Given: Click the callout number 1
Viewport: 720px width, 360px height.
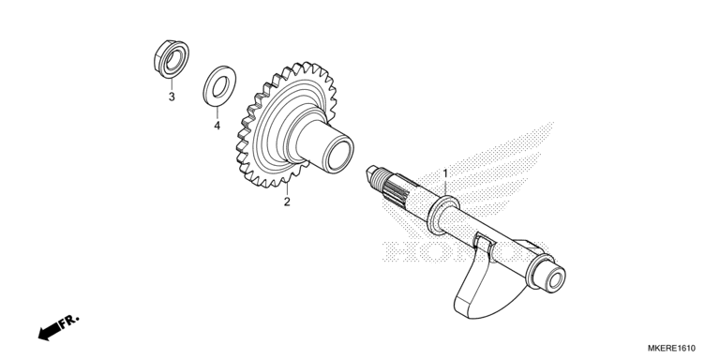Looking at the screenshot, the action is pyautogui.click(x=445, y=173).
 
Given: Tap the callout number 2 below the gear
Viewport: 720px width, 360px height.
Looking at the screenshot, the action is pyautogui.click(x=287, y=201).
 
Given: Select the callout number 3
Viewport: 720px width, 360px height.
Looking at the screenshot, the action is pyautogui.click(x=172, y=97).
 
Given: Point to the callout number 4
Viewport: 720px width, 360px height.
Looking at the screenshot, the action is pyautogui.click(x=217, y=125).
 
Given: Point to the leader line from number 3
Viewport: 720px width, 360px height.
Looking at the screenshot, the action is pyautogui.click(x=171, y=80).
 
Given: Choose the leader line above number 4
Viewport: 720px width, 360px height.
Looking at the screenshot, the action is pyautogui.click(x=217, y=108).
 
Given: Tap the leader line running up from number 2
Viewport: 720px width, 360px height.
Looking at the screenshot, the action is pyautogui.click(x=287, y=187).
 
